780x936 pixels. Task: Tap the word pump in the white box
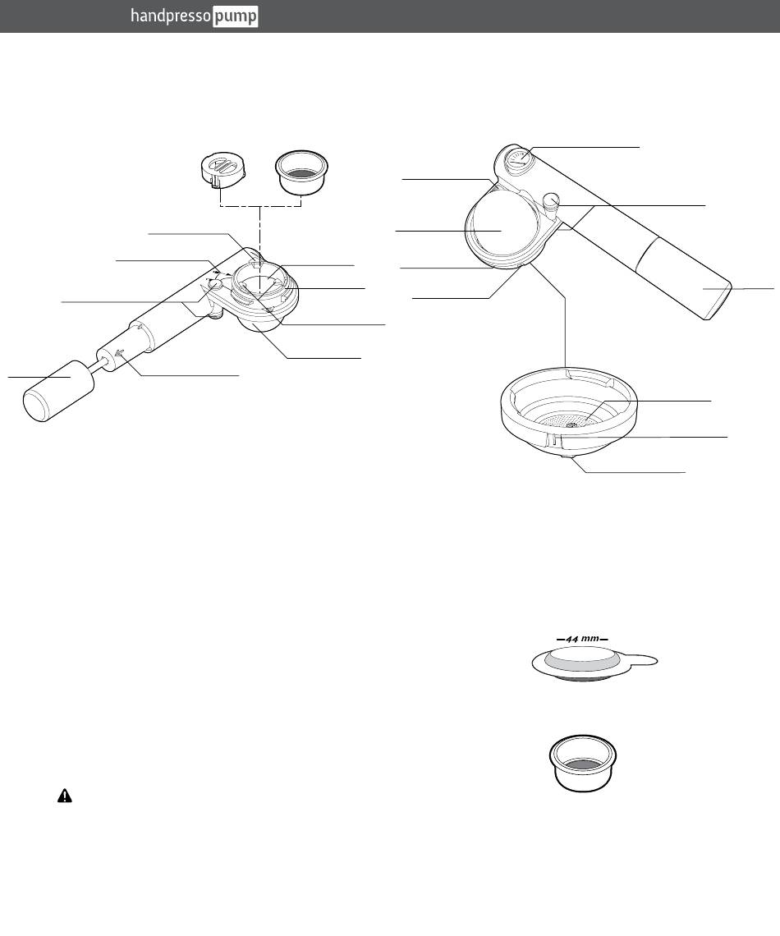(x=236, y=17)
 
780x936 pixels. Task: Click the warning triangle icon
(x=64, y=796)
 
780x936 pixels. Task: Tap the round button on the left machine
(x=213, y=284)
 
